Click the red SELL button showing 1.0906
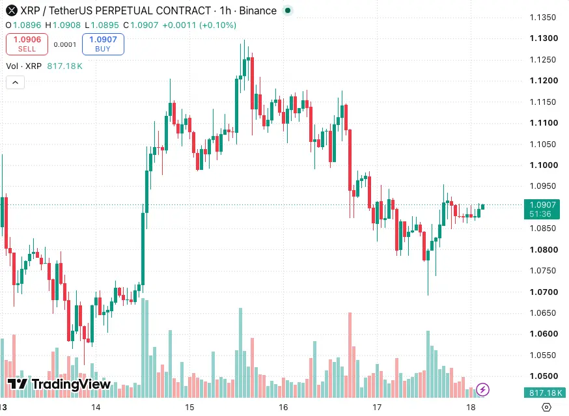27,44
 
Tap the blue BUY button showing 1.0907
103,44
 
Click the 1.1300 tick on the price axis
544,38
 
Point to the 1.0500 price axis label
544,376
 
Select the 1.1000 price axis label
544,165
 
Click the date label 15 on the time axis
189,408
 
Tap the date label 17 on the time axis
377,408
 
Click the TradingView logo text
71,384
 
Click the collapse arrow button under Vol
15,83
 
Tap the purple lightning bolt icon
482,390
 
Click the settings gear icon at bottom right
546,408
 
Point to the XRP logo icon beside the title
12,11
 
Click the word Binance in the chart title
258,11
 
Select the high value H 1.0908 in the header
62,25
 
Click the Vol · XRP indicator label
24,66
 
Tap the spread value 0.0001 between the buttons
65,45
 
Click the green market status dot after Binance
288,10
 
